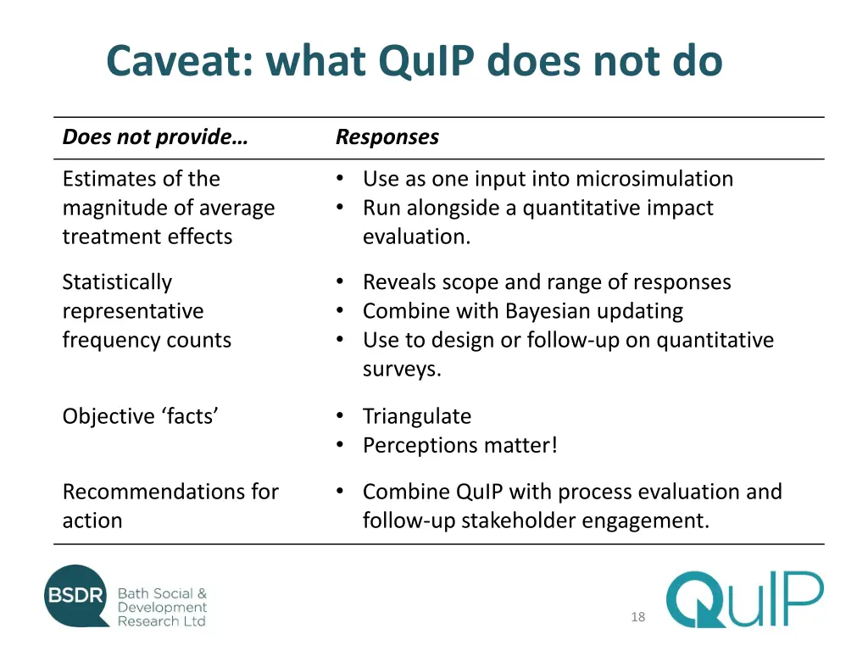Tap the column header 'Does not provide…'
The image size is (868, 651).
155,137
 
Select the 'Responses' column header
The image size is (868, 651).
387,137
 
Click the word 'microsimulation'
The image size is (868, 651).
654,179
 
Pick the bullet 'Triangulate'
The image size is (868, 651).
416,416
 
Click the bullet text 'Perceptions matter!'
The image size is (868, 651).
460,445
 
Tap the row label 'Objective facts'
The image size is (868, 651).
141,416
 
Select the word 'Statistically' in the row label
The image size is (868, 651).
117,282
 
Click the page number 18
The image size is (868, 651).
637,617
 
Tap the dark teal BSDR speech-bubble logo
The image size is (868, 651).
77,596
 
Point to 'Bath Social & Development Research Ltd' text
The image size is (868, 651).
162,607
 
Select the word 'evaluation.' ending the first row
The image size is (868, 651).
416,236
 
